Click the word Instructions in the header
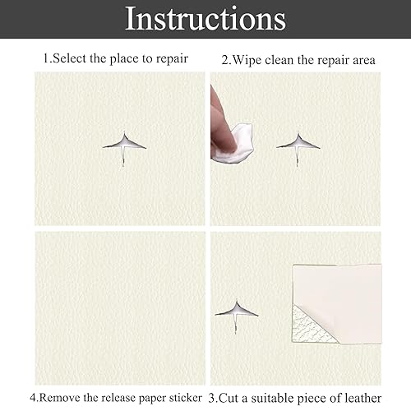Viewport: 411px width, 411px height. click(205, 19)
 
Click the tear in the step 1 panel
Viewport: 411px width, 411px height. click(124, 146)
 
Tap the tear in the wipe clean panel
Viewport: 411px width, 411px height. click(298, 146)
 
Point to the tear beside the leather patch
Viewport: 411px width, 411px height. click(237, 314)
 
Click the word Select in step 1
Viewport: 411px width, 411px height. click(69, 58)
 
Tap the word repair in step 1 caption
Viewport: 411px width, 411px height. click(172, 59)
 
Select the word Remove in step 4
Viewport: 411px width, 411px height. click(59, 398)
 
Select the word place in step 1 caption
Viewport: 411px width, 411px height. click(124, 59)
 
